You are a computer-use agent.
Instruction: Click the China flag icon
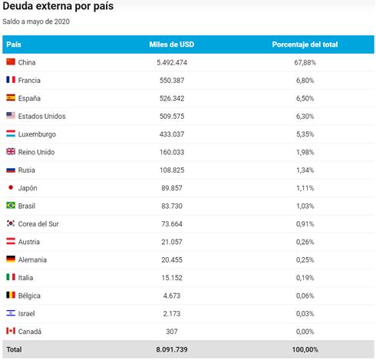coord(11,61)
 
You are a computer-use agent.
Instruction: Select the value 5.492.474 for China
coord(172,62)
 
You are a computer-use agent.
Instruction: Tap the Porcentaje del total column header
coord(305,45)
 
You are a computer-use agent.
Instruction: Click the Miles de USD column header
coord(172,45)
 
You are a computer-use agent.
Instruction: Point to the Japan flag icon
coord(11,187)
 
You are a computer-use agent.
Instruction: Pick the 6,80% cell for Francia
coord(305,81)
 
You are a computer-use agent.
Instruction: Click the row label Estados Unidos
coord(41,116)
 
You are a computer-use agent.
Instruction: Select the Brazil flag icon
coord(11,205)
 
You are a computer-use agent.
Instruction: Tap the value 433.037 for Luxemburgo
coord(172,134)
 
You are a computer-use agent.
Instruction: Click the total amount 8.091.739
coord(172,349)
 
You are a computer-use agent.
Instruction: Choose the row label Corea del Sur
coord(38,224)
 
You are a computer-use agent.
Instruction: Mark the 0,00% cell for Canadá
coord(305,332)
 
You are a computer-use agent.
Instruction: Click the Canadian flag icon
coord(11,331)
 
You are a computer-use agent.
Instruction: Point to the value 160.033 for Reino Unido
coord(172,152)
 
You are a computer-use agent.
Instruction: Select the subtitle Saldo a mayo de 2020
coord(36,21)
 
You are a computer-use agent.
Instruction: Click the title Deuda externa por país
coord(58,6)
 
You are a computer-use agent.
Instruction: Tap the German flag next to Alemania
coord(11,259)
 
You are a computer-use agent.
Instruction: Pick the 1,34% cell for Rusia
coord(305,170)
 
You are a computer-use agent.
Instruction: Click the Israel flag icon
coord(11,313)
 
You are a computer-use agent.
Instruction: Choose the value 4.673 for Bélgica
coord(172,296)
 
